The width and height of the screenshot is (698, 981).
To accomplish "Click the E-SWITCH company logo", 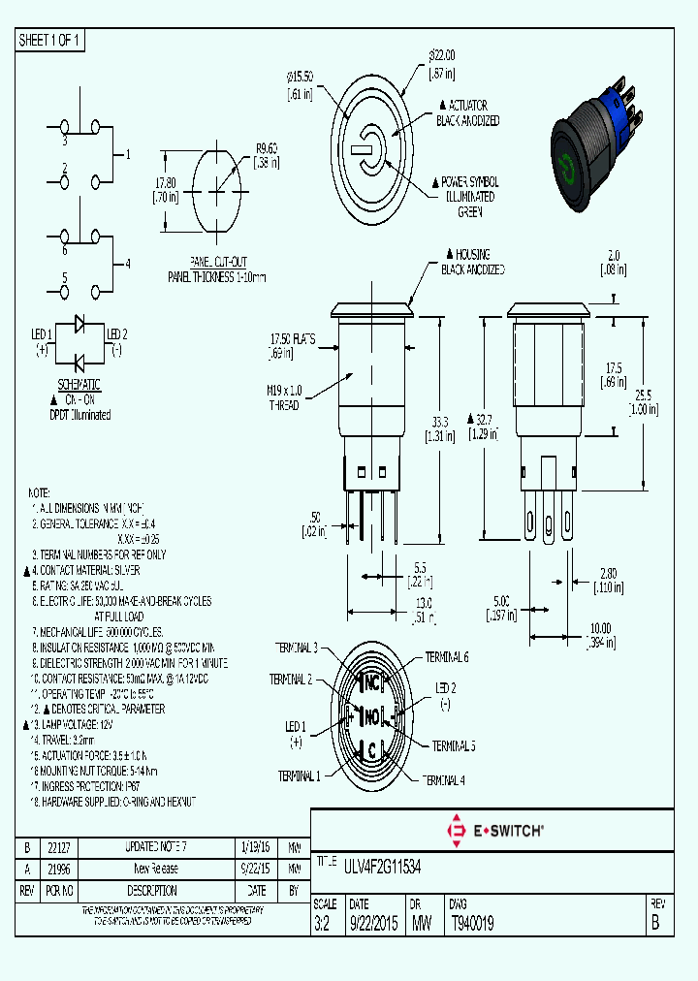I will (x=494, y=830).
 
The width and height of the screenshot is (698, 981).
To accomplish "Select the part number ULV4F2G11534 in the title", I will (x=382, y=862).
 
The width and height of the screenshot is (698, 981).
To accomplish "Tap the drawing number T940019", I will (x=472, y=925).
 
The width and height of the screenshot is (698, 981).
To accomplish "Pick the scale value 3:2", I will (x=323, y=925).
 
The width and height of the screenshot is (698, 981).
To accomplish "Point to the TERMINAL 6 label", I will (x=447, y=657).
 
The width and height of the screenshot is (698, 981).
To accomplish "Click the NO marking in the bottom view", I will (x=371, y=717).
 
